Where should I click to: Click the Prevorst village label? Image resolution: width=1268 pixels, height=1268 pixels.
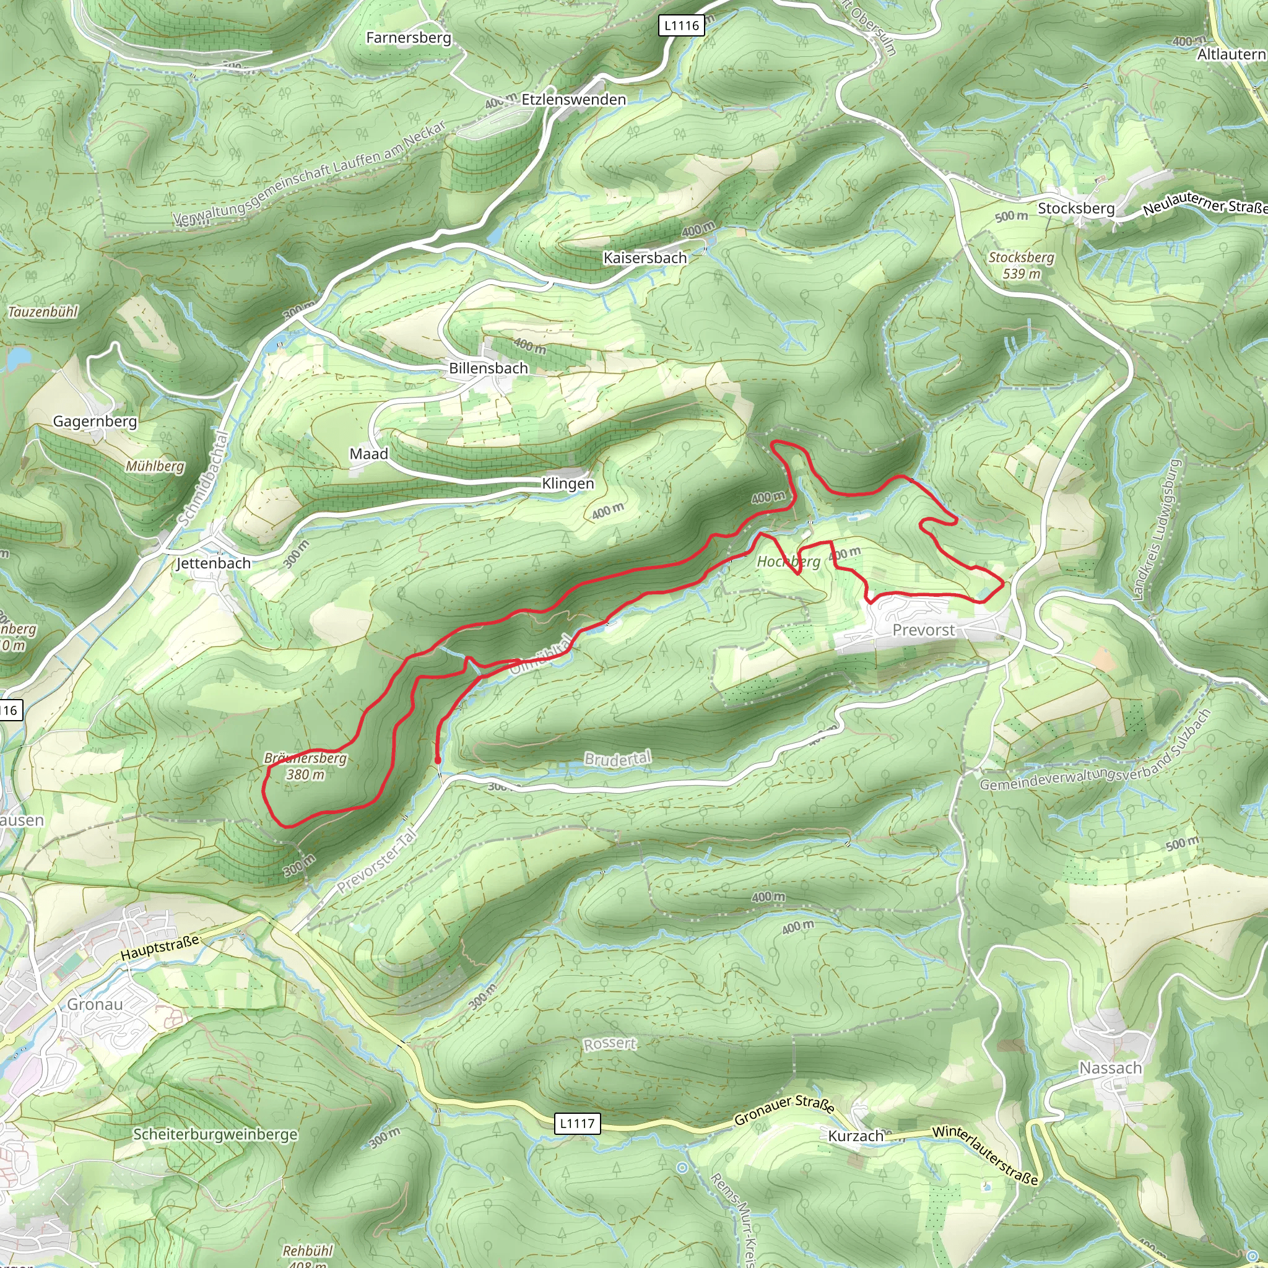[x=923, y=630]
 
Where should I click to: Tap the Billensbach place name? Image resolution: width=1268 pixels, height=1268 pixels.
[x=489, y=368]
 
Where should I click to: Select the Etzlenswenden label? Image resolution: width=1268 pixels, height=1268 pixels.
[x=573, y=99]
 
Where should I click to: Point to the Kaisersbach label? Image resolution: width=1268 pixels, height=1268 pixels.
[x=645, y=258]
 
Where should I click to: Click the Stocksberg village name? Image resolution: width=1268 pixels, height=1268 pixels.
[x=1075, y=208]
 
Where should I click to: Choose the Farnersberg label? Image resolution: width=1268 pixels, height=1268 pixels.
[x=408, y=37]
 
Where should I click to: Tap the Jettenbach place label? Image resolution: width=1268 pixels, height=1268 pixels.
[x=214, y=563]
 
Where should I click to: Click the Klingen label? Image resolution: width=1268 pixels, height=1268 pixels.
[x=568, y=484]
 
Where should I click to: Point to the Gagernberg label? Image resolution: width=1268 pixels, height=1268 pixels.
[x=95, y=422]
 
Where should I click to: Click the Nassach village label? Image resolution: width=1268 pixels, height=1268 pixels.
[x=1111, y=1068]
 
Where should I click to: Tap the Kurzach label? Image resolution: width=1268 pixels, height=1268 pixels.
[x=855, y=1136]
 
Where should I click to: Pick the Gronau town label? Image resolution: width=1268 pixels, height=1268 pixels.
[x=95, y=1004]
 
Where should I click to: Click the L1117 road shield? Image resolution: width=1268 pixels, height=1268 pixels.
[x=577, y=1123]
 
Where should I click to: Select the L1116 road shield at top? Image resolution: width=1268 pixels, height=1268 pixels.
[x=681, y=25]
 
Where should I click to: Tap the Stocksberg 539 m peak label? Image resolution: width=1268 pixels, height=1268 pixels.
[x=1021, y=265]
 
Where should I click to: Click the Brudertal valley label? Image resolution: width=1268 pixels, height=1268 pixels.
[x=617, y=758]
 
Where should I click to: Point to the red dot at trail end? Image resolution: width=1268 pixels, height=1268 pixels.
[x=438, y=761]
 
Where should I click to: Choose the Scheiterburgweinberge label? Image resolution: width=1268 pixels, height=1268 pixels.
[x=215, y=1134]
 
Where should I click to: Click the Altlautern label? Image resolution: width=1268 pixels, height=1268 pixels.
[x=1231, y=54]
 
